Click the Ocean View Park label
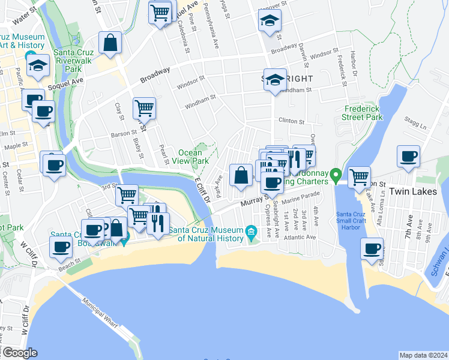193,157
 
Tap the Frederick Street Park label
363,113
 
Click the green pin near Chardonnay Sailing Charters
336,176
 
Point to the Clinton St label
292,121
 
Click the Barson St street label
124,134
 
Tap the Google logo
20,353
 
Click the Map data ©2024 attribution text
423,355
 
